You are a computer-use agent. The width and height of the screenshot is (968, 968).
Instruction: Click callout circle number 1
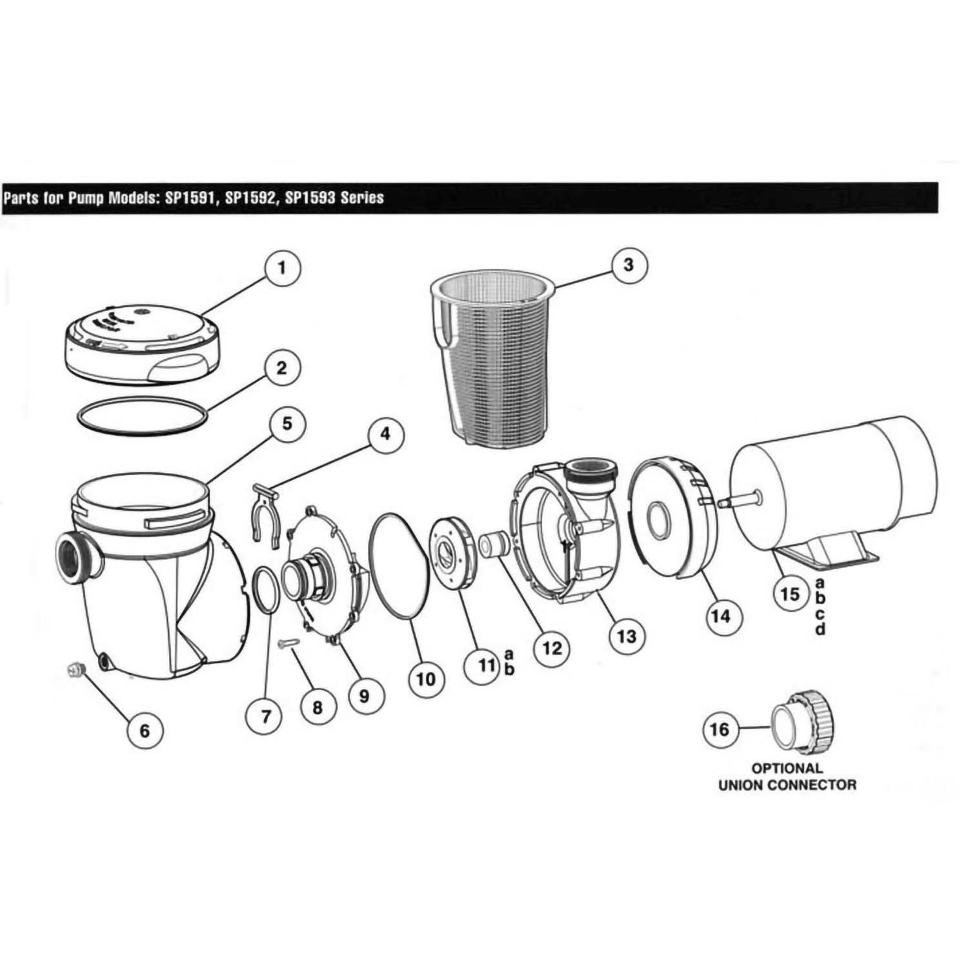pos(281,268)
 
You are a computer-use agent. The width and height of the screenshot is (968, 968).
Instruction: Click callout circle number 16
pos(720,729)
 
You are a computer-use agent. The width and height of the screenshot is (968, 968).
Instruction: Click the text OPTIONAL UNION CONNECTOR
pos(787,777)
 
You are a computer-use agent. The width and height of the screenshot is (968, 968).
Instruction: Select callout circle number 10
pos(426,678)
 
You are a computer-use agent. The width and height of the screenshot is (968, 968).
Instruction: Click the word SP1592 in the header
pos(249,197)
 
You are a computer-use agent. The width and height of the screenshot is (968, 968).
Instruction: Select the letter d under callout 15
pos(820,629)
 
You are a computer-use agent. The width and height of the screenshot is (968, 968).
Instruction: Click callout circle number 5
pos(286,424)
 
